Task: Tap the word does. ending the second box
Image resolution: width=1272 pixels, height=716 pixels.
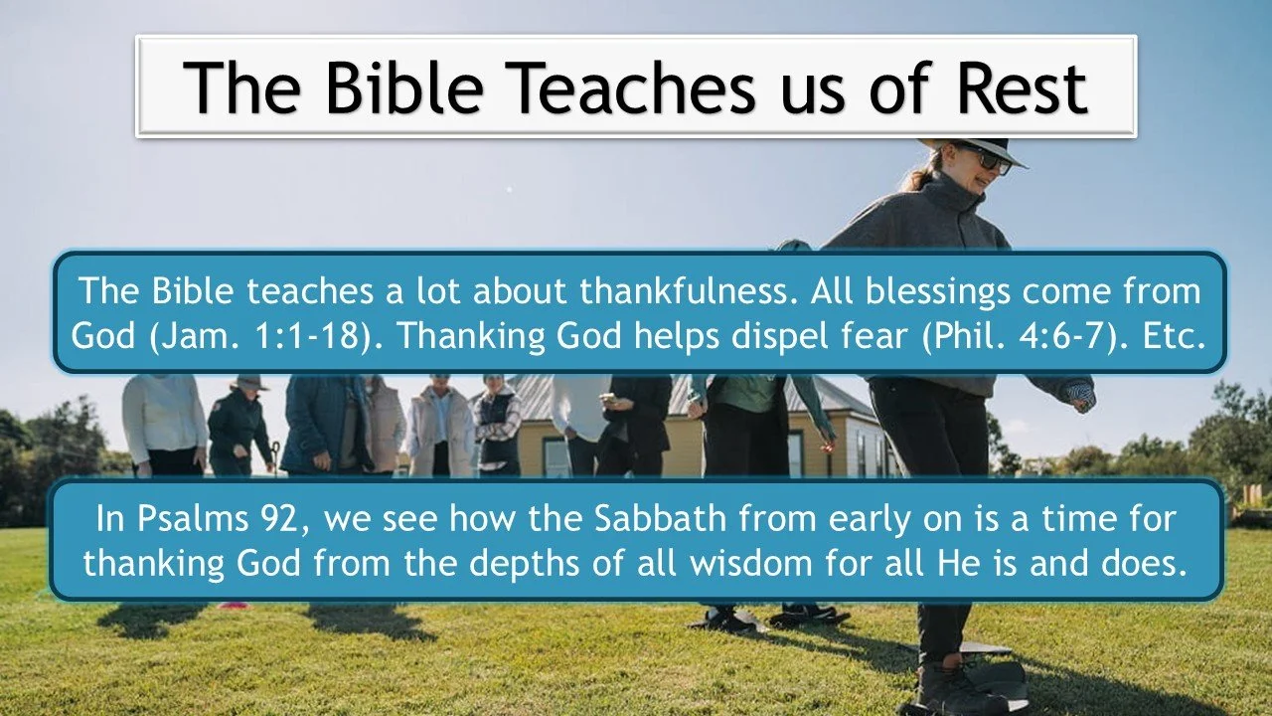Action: pyautogui.click(x=1143, y=563)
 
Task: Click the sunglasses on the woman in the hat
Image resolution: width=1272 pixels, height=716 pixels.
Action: pyautogui.click(x=983, y=159)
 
